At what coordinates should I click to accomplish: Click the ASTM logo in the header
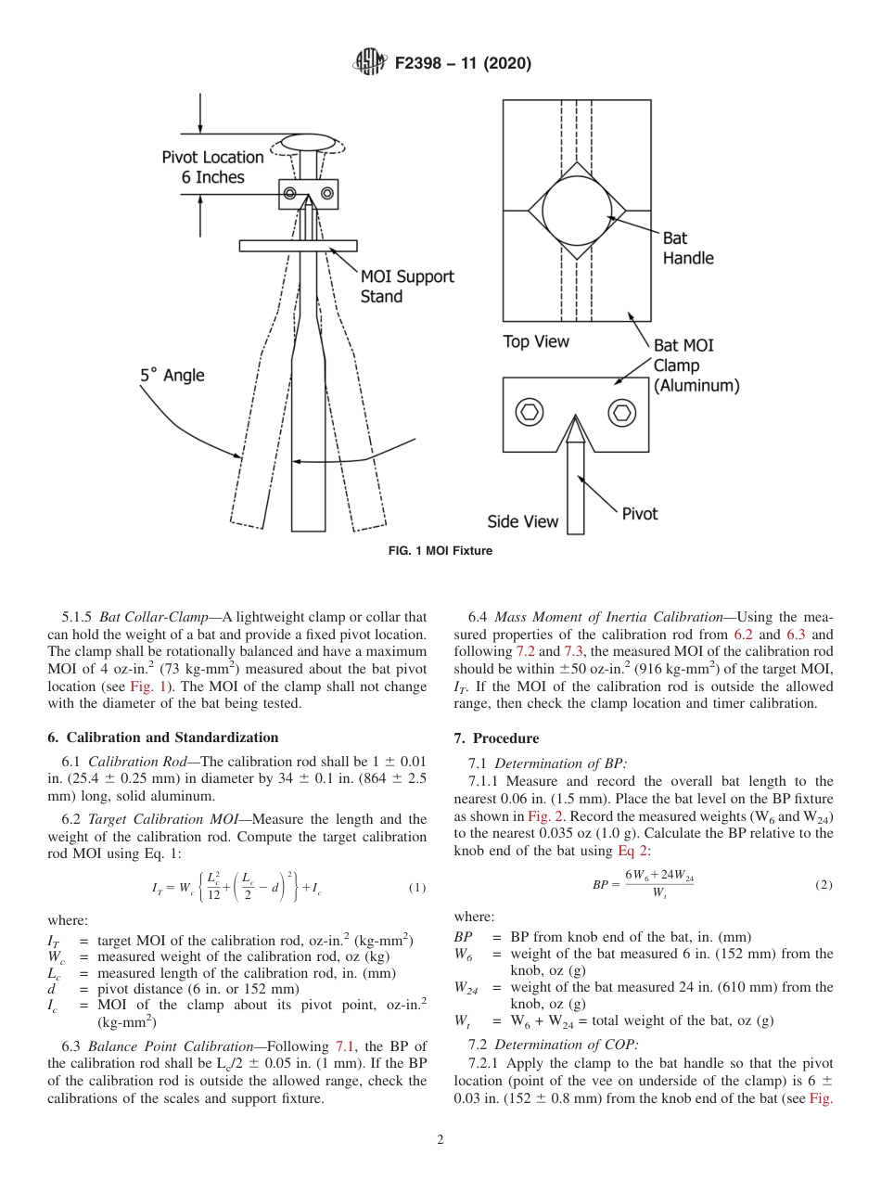click(371, 64)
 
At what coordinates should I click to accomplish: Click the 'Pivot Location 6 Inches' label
click(212, 167)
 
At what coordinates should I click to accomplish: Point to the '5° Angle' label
click(172, 376)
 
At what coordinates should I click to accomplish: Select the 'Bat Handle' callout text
click(687, 249)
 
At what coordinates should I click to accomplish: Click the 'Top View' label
click(535, 342)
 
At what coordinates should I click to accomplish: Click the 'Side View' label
click(523, 521)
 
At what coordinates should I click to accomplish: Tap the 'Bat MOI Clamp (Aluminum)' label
click(696, 366)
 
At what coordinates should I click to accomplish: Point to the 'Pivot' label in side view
click(639, 513)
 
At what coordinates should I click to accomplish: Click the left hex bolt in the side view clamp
click(530, 411)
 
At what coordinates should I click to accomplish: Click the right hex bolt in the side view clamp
click(622, 411)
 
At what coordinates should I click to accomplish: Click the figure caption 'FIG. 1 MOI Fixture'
click(440, 551)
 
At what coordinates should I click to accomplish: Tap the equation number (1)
click(417, 888)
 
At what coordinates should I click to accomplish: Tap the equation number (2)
click(824, 884)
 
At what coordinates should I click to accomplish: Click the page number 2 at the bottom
click(440, 1140)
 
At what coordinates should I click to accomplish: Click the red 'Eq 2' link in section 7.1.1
click(635, 851)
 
